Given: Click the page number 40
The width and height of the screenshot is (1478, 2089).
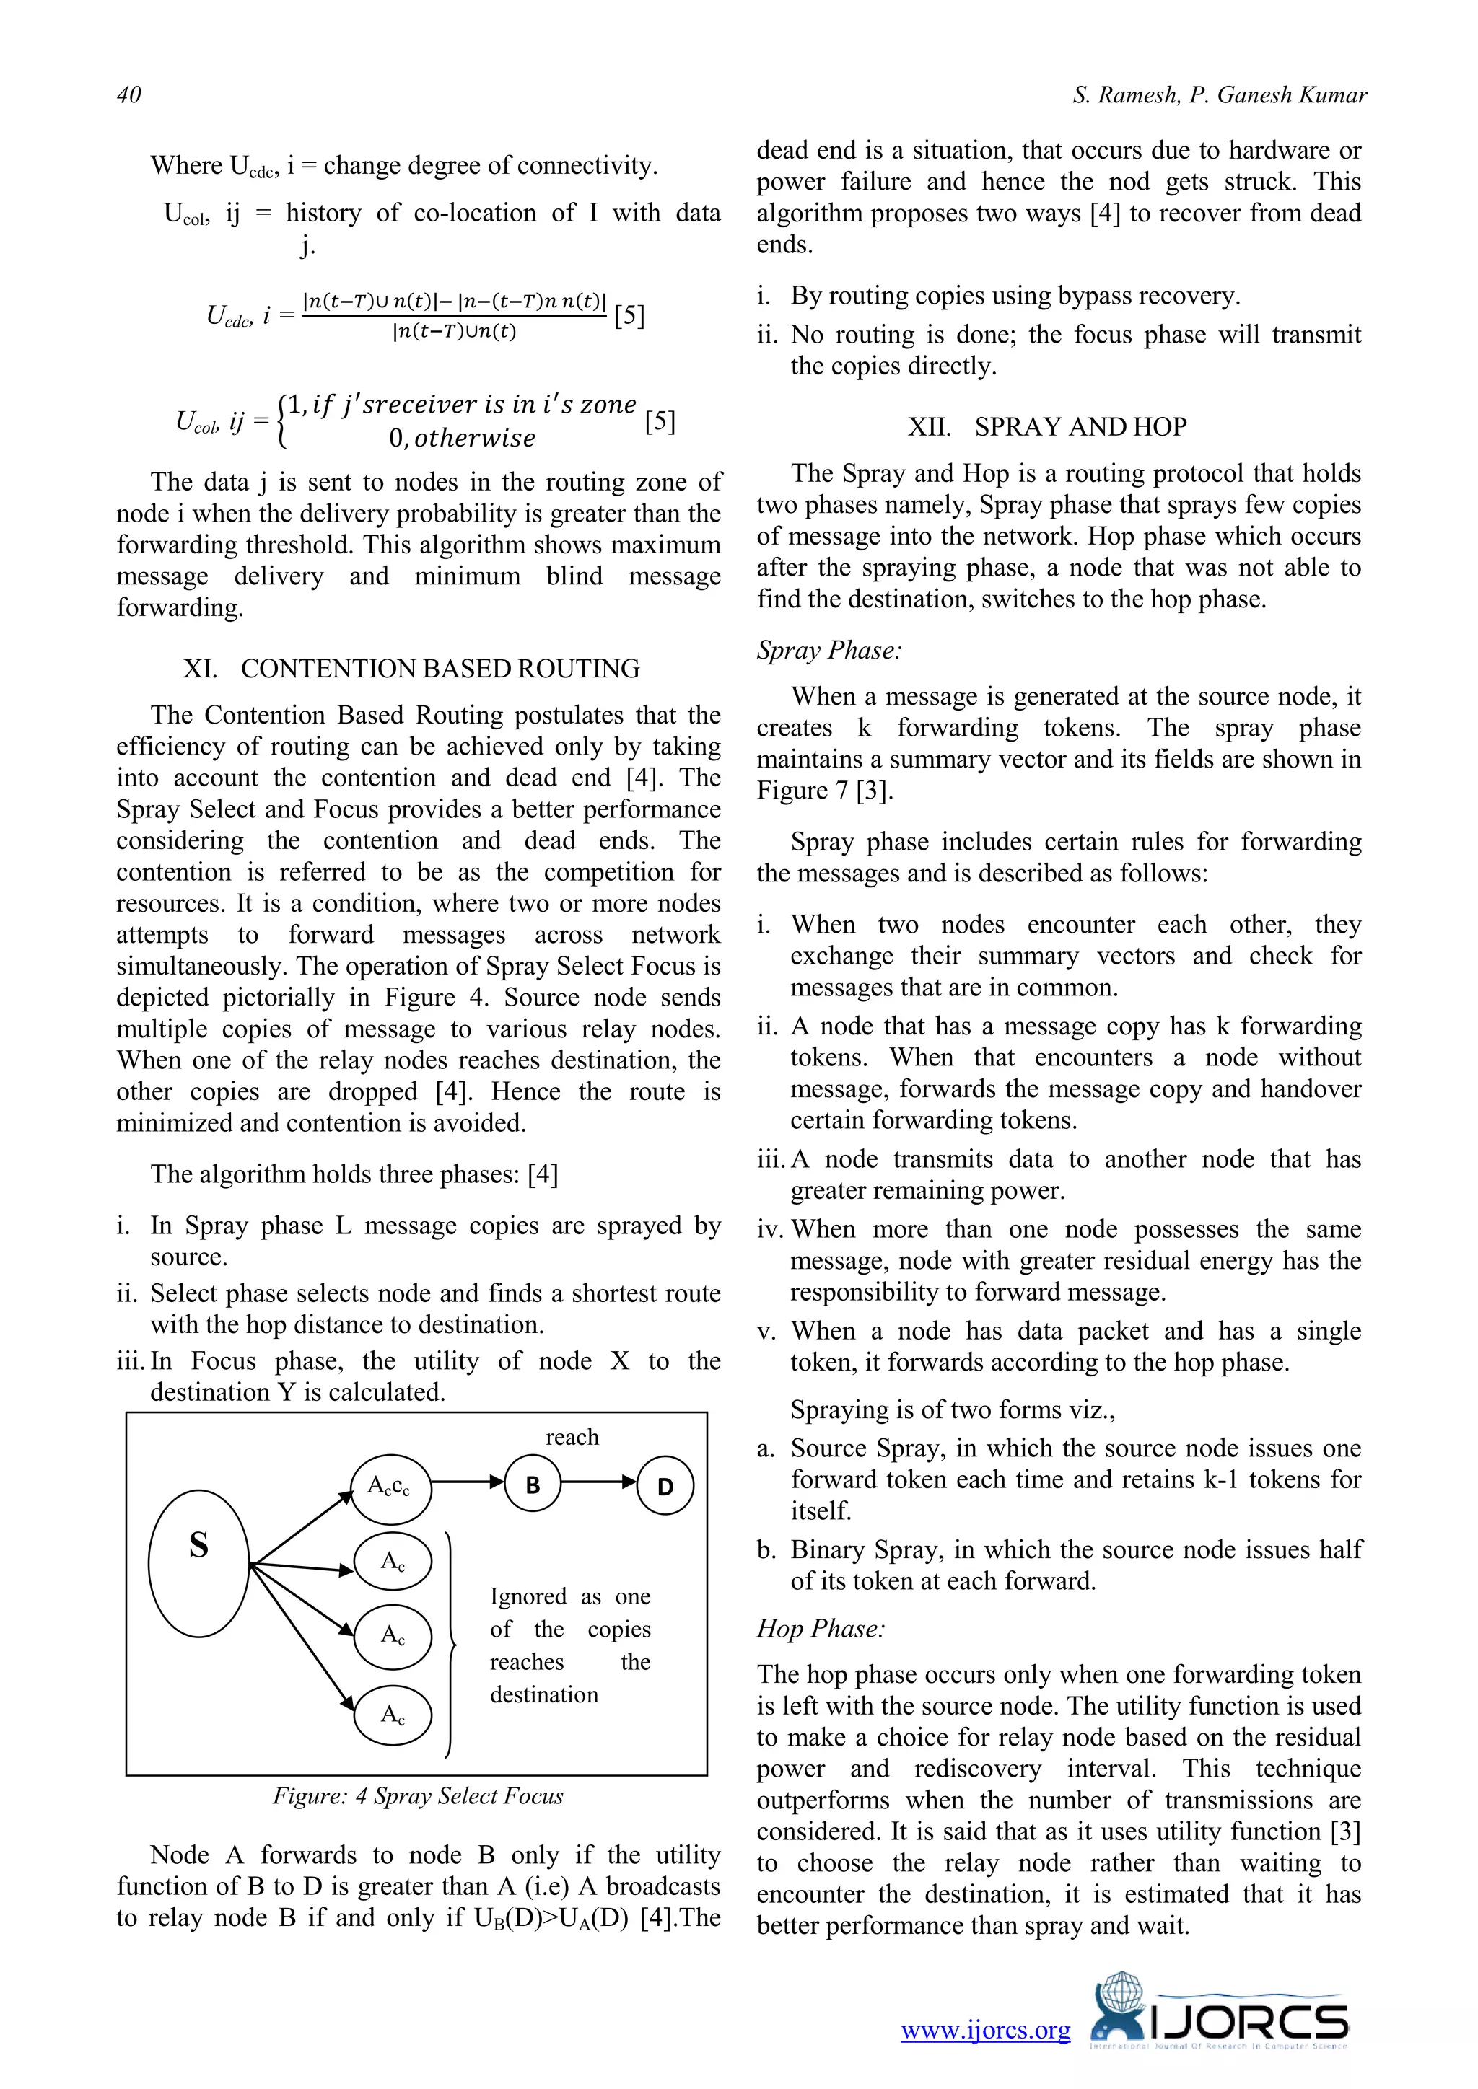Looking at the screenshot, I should [129, 94].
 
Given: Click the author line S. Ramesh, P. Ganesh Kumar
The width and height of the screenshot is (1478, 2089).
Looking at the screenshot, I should [1220, 94].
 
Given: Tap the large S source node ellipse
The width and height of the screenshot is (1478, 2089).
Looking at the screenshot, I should [199, 1563].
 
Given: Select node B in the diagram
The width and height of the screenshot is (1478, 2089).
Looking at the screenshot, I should [533, 1484].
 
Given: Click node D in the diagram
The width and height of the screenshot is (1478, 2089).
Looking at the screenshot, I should [665, 1486].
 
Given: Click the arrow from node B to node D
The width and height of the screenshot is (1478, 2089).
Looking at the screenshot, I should [599, 1482].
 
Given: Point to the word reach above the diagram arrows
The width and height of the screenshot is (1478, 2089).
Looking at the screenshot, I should [572, 1437].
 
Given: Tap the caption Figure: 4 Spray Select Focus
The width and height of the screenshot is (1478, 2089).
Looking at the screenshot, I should [418, 1795].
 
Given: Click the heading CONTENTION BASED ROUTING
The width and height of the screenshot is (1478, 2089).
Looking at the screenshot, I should [411, 669].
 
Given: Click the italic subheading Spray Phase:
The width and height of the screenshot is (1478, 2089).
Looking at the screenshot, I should [829, 651].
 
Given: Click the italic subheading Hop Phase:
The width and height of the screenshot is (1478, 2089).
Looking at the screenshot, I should [820, 1629].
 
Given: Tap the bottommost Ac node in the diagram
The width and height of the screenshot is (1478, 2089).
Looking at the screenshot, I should [393, 1715].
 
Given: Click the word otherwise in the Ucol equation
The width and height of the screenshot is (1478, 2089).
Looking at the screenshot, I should [475, 439].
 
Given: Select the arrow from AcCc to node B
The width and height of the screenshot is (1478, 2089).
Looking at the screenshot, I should [467, 1482].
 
